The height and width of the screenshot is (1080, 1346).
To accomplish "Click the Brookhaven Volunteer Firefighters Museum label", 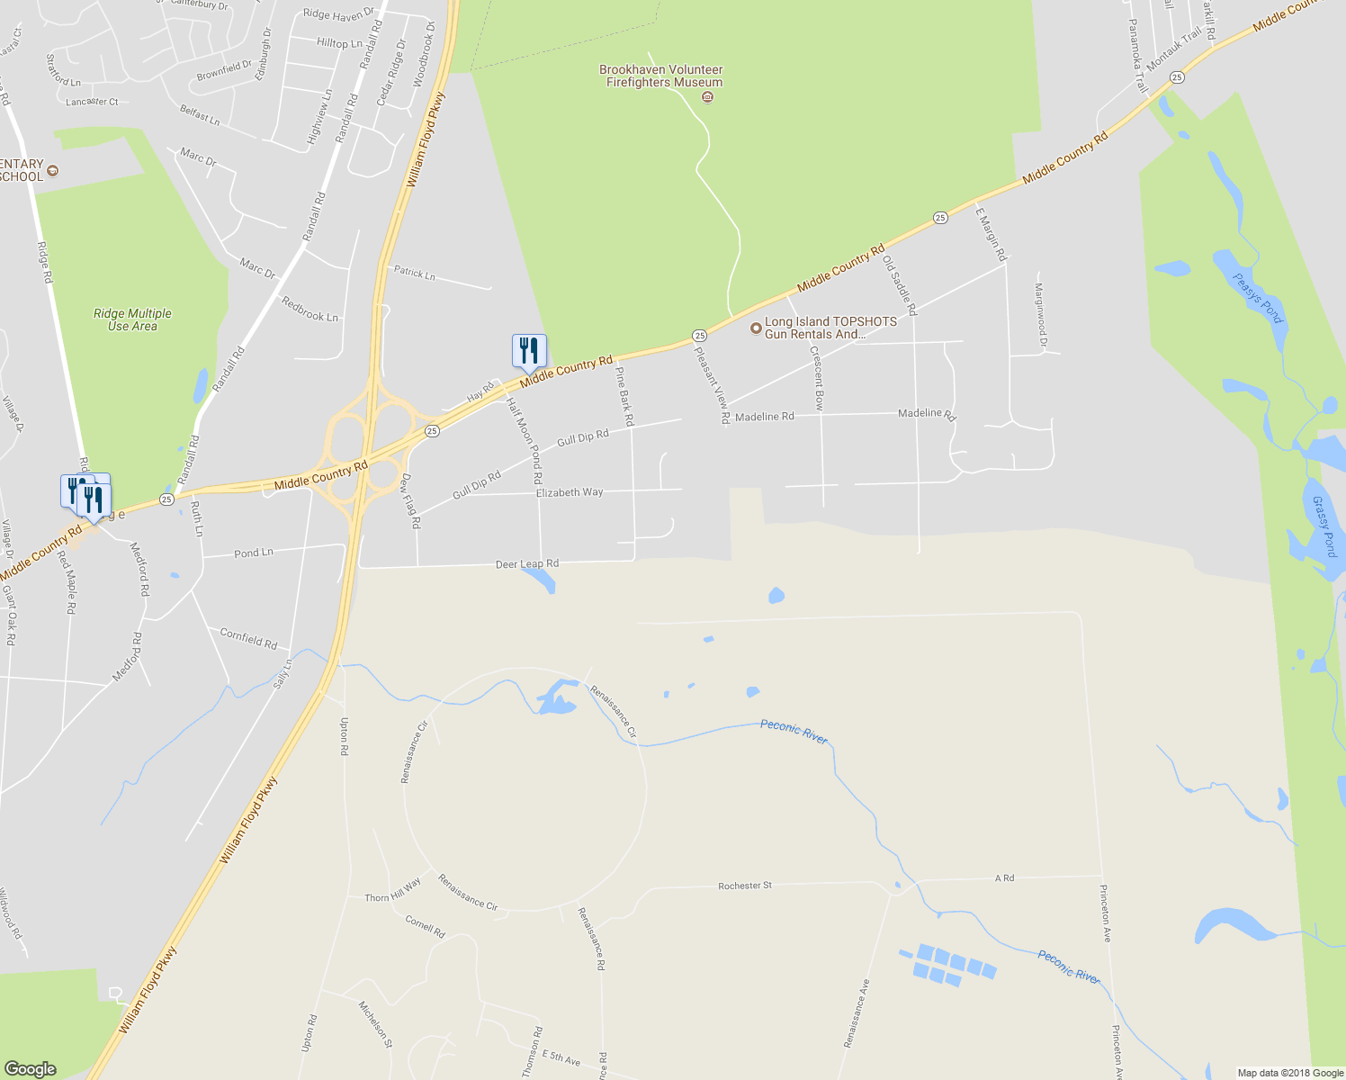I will (x=662, y=76).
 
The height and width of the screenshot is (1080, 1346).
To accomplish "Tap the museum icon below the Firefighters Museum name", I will (x=707, y=97).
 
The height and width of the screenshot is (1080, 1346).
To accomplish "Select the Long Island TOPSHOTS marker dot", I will (x=756, y=328).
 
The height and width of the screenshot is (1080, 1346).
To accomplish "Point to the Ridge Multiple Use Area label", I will (x=132, y=319).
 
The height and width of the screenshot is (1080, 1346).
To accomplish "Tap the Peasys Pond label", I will (x=1258, y=298).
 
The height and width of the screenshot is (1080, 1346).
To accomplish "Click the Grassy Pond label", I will (x=1324, y=526).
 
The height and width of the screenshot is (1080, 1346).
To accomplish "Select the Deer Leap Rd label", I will (x=527, y=564).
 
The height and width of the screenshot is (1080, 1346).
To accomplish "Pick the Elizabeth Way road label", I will (x=570, y=493).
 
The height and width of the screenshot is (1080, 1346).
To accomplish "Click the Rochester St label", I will (x=745, y=886).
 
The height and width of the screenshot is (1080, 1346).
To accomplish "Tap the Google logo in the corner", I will (x=31, y=1069).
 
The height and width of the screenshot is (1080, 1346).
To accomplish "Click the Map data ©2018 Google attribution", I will (x=1290, y=1073).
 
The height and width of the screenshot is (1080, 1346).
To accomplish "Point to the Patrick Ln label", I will (x=414, y=272).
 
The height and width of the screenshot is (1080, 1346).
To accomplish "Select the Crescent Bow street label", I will (x=817, y=379).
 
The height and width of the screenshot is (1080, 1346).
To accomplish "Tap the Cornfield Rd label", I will (x=248, y=639).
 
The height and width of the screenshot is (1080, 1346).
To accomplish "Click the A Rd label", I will (x=1004, y=877).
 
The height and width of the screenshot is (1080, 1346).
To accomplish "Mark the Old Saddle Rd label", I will (x=900, y=285).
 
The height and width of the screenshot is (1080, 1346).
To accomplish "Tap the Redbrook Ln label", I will (x=310, y=310).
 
